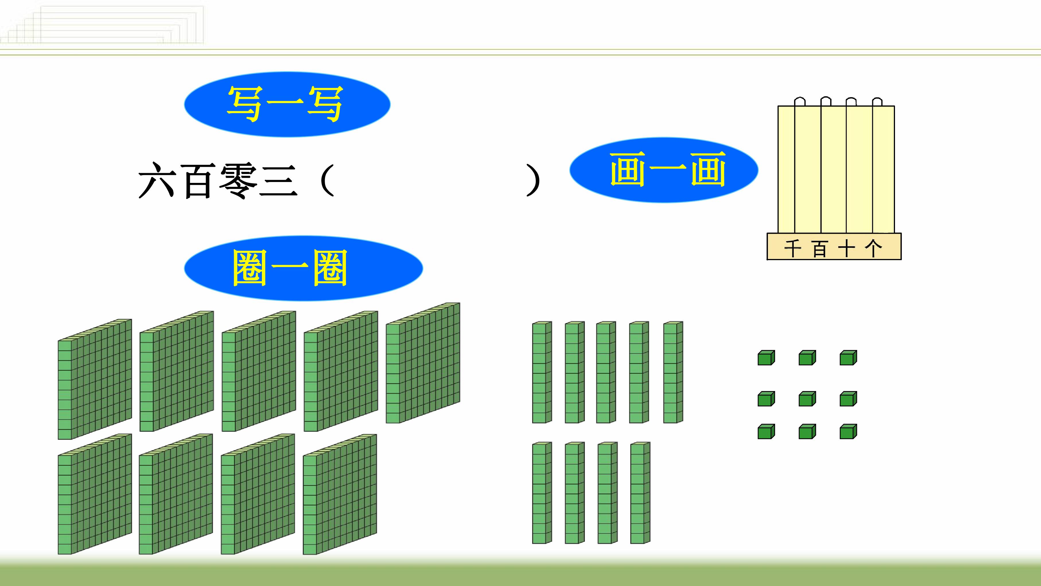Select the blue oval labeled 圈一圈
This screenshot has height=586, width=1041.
(303, 268)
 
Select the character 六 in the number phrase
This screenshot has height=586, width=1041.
(157, 180)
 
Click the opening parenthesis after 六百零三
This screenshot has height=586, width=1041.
(326, 180)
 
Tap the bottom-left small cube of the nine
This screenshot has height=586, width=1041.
(766, 432)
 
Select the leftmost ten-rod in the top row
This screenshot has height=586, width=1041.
(542, 372)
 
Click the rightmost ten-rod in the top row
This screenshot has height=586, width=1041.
(673, 372)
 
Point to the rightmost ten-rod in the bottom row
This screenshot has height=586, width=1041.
(640, 493)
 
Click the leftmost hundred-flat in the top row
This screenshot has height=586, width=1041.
(95, 379)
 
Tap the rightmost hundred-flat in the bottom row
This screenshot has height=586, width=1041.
(340, 494)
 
